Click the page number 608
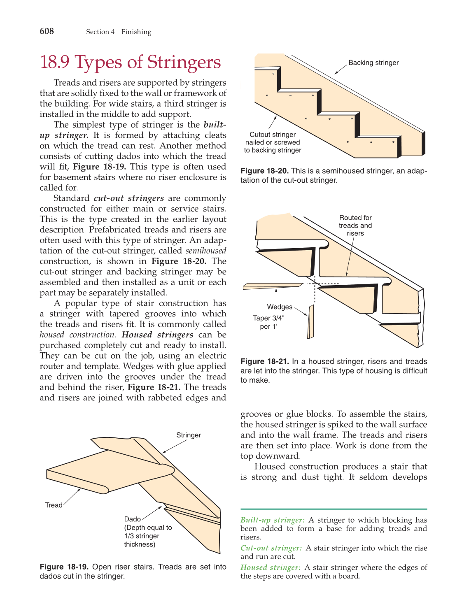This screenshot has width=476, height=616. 47,31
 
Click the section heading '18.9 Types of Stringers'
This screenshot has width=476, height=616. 130,62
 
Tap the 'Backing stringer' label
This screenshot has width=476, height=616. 373,63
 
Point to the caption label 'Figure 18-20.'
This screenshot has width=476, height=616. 264,171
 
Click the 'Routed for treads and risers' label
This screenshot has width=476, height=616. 355,225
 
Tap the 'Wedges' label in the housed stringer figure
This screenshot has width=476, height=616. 280,307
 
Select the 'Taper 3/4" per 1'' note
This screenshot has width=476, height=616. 268,322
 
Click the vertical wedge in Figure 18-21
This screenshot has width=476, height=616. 311,322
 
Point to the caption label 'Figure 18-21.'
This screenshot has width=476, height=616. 264,361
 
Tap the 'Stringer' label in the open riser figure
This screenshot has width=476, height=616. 189,435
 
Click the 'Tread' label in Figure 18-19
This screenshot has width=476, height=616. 54,505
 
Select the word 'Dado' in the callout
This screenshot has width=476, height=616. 133,519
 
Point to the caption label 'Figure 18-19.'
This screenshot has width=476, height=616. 64,567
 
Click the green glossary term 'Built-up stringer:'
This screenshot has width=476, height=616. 273,520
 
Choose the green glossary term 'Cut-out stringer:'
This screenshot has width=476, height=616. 271,548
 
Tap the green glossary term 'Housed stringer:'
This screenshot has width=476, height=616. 271,567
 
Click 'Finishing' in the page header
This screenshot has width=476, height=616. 136,32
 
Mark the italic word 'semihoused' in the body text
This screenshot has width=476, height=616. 205,251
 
